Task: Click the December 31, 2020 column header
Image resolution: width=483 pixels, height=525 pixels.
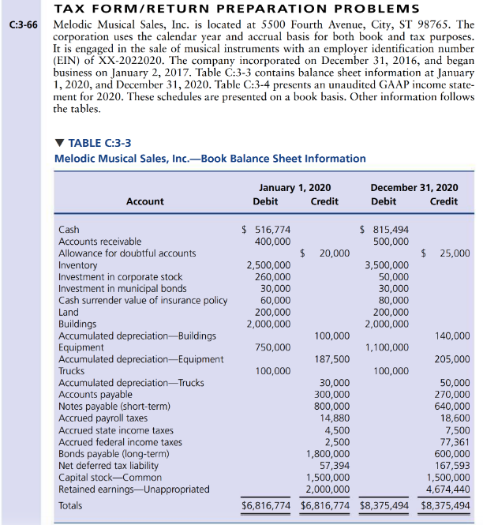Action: (414, 187)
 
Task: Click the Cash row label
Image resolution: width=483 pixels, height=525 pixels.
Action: (69, 230)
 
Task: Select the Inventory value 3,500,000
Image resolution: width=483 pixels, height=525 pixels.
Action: (387, 265)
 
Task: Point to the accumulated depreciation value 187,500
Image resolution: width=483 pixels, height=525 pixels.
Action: (331, 359)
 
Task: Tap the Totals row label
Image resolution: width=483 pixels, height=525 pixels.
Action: (70, 504)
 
